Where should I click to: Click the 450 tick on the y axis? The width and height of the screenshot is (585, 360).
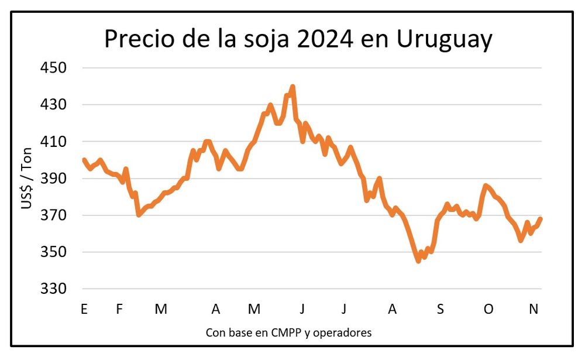(54, 68)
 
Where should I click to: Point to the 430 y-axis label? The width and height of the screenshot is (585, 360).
(54, 105)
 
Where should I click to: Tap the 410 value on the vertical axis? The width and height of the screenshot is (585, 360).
(54, 142)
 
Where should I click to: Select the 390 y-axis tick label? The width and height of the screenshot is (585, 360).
(54, 179)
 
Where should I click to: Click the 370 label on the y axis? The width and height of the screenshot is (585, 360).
(54, 216)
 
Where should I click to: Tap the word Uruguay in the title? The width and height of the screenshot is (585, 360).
(444, 40)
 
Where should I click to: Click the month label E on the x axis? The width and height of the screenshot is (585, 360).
(84, 309)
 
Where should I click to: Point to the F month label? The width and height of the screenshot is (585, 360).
(119, 309)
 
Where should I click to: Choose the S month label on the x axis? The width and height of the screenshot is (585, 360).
(441, 309)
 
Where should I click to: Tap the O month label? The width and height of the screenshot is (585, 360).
(488, 309)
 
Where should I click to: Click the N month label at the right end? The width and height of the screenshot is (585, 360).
(534, 309)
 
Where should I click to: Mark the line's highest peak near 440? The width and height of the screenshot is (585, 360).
(292, 87)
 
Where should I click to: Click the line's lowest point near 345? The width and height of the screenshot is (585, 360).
(418, 261)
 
